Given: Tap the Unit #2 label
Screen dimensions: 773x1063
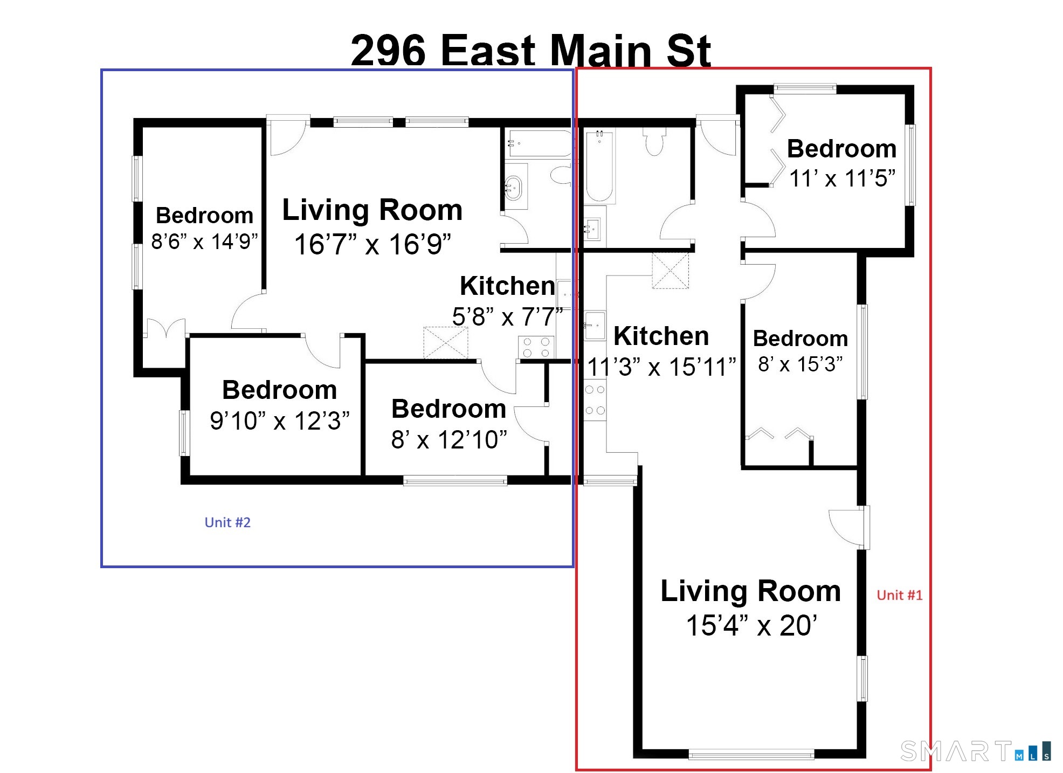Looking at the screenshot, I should tap(227, 522).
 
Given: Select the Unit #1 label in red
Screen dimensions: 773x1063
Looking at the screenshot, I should tap(899, 595).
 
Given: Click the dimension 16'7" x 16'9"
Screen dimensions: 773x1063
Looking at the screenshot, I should tap(372, 244).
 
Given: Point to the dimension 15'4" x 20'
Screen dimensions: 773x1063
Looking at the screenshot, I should tap(751, 626).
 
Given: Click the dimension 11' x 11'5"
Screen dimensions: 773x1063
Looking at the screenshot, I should tap(842, 178).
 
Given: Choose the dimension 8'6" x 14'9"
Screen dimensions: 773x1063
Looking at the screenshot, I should tap(204, 241).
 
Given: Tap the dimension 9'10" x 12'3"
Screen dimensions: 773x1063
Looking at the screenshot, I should tap(279, 421).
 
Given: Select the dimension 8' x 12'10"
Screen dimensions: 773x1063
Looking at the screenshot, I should tap(449, 440).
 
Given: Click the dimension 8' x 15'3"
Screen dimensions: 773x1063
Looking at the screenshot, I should tap(800, 364).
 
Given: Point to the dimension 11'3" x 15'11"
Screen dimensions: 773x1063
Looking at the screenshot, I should tap(661, 367).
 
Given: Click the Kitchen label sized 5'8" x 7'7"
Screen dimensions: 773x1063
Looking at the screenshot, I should tap(507, 286).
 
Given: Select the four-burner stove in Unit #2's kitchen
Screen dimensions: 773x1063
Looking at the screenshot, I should tap(536, 347).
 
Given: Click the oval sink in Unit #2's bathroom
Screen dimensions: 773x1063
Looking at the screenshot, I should tap(513, 188).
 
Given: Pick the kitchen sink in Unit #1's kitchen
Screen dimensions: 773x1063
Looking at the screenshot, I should tap(594, 325).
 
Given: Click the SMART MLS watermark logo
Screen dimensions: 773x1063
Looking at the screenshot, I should tap(975, 751).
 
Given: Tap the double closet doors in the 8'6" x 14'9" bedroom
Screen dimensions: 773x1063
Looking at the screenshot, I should tap(166, 329).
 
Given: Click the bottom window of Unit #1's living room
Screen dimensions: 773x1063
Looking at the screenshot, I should tap(751, 755).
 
